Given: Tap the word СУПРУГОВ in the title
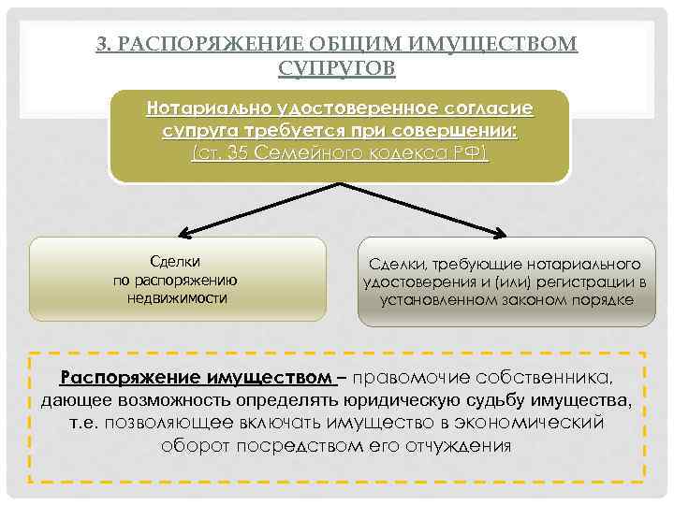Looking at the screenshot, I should point(337,67).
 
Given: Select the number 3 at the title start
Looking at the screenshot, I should point(101,44).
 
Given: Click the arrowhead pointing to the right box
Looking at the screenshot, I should point(508,234).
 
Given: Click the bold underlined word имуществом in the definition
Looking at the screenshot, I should point(275,378).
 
